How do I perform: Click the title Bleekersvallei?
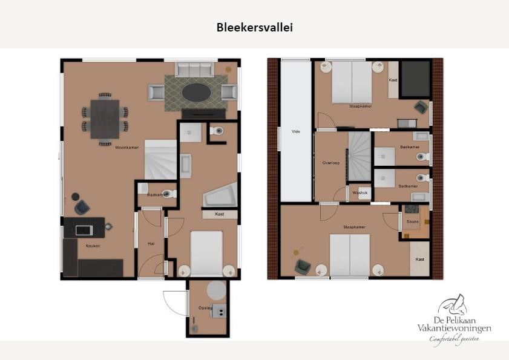[x=254, y=27]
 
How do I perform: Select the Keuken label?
[x=93, y=246]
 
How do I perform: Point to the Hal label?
[x=151, y=244]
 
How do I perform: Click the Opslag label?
[x=205, y=308]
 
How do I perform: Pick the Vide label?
[x=296, y=131]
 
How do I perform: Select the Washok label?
[x=360, y=193]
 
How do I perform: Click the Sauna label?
[x=413, y=221]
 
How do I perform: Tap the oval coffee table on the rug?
[x=197, y=93]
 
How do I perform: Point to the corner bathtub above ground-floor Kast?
[x=219, y=195]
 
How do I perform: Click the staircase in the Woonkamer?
[x=160, y=159]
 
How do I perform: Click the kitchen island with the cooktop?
[x=84, y=227]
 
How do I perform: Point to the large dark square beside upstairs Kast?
[x=416, y=79]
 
